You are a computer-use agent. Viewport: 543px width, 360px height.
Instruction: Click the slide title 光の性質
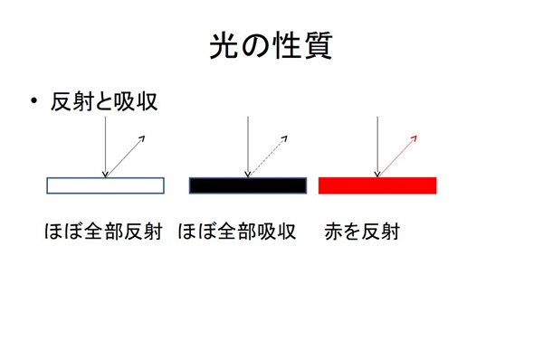pos(271,46)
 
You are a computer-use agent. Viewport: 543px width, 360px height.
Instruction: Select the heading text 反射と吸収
pos(105,102)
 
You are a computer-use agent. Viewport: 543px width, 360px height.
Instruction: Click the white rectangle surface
pos(105,185)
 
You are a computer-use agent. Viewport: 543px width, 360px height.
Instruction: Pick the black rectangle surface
pos(247,185)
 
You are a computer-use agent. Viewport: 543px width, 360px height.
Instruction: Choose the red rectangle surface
pos(377,185)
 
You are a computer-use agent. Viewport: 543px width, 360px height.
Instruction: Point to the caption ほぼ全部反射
pos(102,232)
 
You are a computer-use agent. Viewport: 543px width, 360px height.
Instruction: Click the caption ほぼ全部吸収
pos(238,232)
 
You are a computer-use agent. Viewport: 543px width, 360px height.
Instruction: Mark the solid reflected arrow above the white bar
pos(124,155)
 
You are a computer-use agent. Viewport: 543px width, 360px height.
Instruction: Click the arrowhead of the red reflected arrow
pos(414,137)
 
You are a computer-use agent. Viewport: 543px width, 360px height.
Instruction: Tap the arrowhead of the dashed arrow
pos(284,137)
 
